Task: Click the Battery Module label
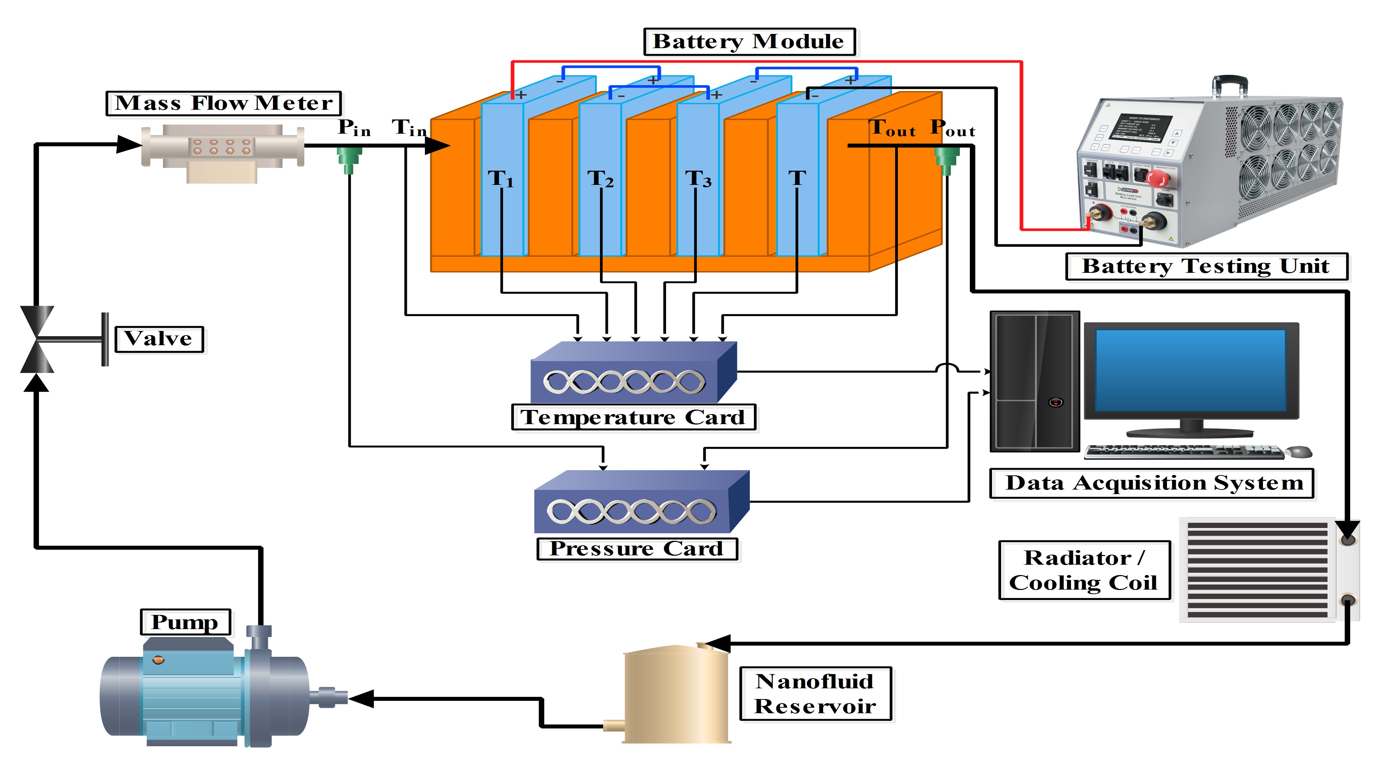749,42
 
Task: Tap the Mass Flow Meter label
224,103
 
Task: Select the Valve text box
159,339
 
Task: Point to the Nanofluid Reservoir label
815,693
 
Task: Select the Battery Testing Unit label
1206,266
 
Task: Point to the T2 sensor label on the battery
600,179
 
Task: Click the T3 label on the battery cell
698,179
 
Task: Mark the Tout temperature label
892,128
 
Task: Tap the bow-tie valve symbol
37,339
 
